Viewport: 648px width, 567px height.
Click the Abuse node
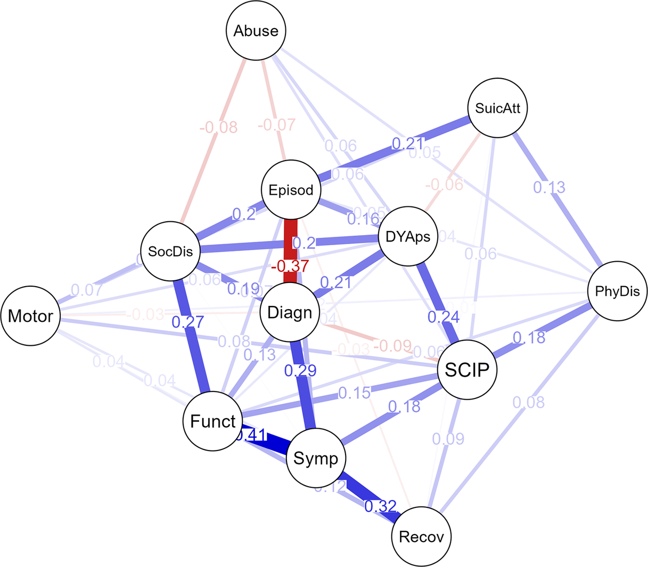coord(256,31)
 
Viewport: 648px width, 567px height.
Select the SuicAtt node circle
coord(497,109)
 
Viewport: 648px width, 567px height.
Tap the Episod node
coord(291,190)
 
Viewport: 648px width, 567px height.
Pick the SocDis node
coord(170,251)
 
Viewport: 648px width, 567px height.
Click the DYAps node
coord(408,237)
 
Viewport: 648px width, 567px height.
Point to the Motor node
coord(30,316)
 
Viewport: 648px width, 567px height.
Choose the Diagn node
coord(290,312)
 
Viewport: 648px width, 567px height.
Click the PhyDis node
coord(618,291)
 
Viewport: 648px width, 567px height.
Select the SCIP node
coord(466,369)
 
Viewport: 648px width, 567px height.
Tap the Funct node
coord(212,421)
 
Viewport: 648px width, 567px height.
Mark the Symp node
coord(316,458)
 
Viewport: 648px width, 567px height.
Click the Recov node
coord(421,537)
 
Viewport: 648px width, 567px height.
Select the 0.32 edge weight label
coord(381,506)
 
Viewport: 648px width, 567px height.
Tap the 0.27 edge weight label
coord(188,322)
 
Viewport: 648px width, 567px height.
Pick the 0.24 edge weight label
coord(444,316)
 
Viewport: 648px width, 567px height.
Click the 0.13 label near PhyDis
coord(549,187)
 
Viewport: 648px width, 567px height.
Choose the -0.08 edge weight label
coord(218,128)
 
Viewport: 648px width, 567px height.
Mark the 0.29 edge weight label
coord(300,370)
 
